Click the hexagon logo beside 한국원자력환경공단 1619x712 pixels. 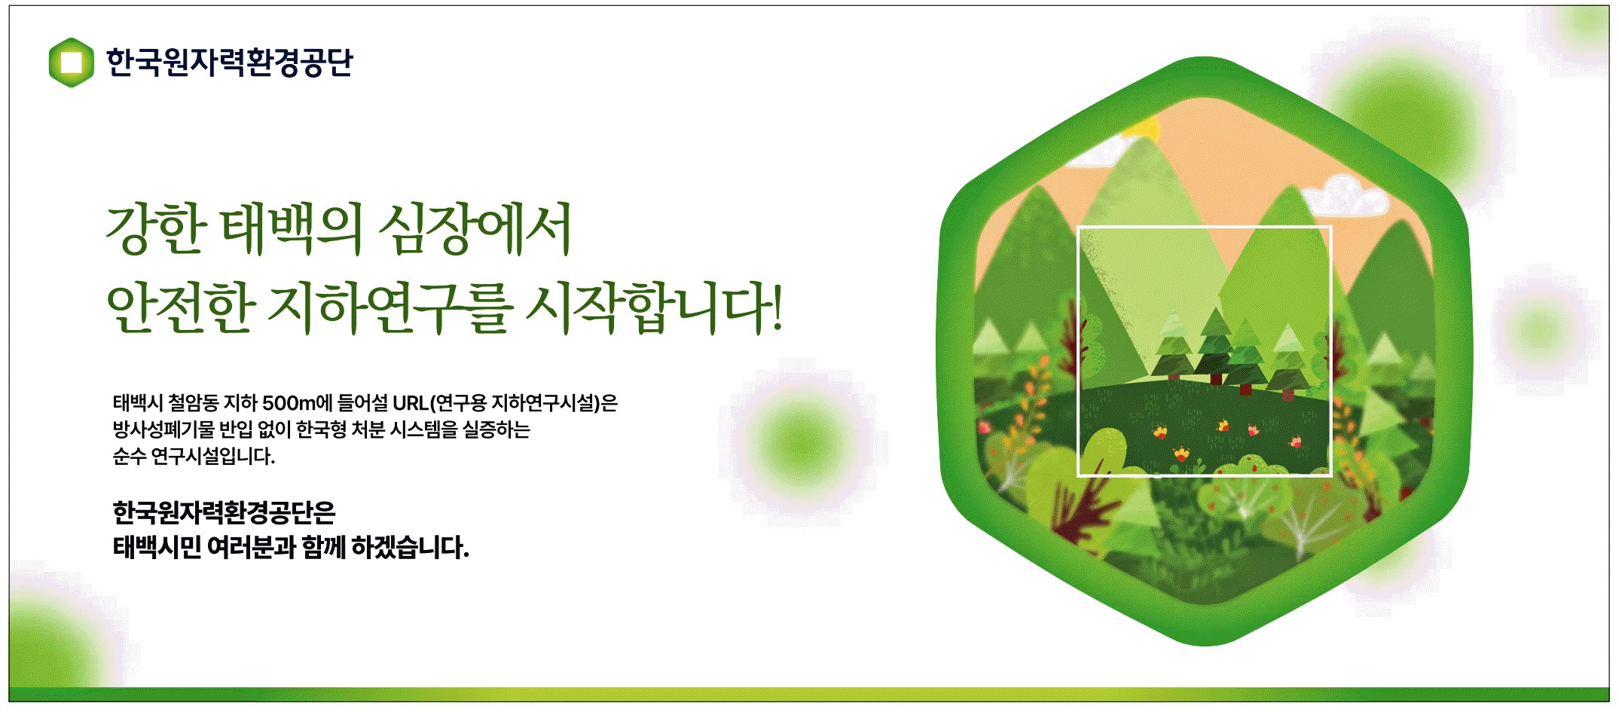[71, 63]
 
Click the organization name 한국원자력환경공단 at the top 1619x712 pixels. [229, 63]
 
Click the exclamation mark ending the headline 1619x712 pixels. [776, 307]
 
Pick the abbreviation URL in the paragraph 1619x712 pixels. [411, 403]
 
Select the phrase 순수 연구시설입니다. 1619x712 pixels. [194, 456]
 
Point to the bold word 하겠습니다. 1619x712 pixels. [410, 547]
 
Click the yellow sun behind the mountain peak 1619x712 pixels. [1144, 128]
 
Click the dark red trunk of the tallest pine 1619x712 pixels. [1215, 378]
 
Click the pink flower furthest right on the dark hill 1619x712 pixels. [1296, 442]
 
